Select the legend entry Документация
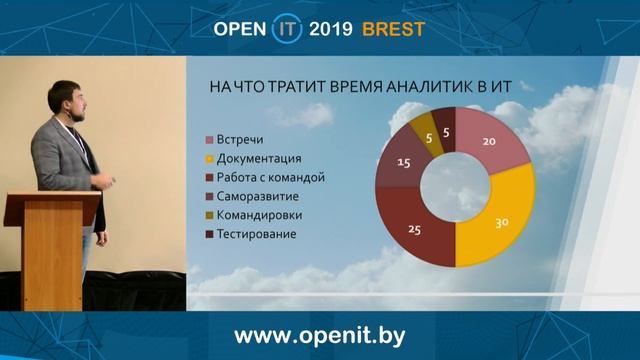[x=259, y=158]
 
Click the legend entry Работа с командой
[x=270, y=177]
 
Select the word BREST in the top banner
[x=393, y=29]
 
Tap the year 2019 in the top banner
[x=331, y=29]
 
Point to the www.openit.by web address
[x=320, y=334]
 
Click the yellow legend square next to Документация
[x=210, y=158]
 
